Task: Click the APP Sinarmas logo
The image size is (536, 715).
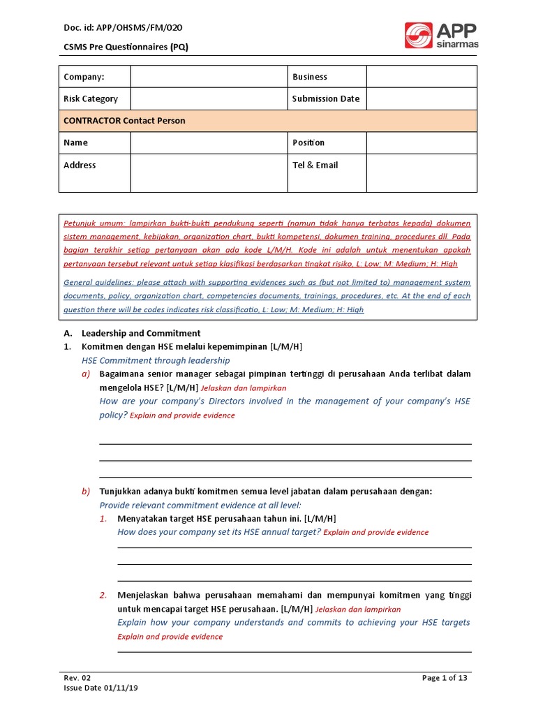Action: point(441,36)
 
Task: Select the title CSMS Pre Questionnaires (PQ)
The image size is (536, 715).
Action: point(126,47)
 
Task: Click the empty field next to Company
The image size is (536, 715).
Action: point(209,77)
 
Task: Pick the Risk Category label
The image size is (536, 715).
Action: point(91,99)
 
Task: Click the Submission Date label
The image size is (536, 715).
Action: point(326,99)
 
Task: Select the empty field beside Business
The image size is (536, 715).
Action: point(422,77)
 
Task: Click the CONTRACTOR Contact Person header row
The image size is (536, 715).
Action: point(268,121)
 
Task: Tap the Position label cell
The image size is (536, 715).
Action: point(308,142)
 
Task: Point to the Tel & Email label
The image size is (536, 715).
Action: point(315,165)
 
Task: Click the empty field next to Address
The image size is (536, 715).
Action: point(209,172)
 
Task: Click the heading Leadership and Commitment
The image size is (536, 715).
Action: point(141,334)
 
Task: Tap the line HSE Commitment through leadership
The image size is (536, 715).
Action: point(155,361)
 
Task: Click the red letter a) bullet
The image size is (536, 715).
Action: point(86,374)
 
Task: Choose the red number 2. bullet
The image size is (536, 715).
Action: point(103,596)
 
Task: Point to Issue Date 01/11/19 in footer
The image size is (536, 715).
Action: point(100,688)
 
